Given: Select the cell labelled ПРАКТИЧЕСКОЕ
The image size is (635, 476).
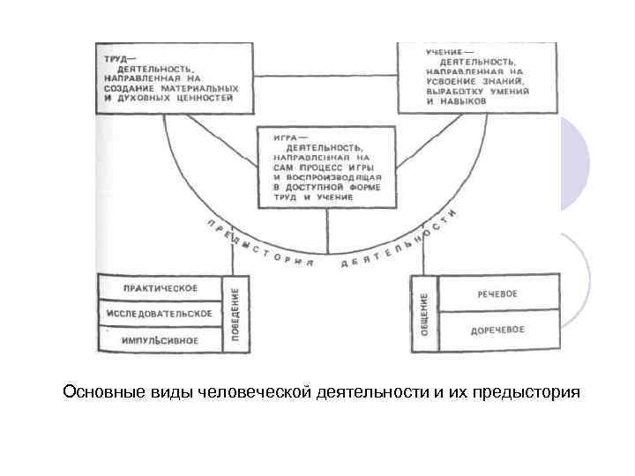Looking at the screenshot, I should tap(160, 288).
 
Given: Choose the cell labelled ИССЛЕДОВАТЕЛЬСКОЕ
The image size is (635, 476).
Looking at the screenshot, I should tap(160, 313).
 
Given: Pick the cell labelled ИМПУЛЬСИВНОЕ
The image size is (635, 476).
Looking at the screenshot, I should tap(160, 339).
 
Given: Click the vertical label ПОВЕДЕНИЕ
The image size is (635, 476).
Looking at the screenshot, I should tap(235, 314).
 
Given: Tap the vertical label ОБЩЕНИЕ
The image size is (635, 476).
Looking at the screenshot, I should tap(423, 314).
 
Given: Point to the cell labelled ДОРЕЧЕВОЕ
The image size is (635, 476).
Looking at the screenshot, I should tap(498, 331).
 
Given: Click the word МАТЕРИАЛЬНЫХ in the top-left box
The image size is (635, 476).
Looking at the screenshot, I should tap(202, 89).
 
